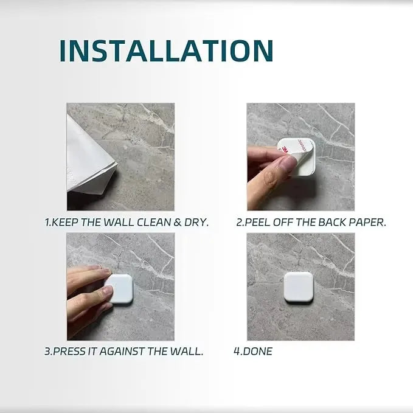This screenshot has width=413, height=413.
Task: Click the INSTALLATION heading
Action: (167, 51)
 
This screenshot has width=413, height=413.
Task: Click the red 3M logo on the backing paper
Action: (285, 150)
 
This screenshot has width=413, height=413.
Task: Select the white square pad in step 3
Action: (119, 289)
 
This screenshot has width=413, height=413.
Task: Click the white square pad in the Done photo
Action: (299, 287)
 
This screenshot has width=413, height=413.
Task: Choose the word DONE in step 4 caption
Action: (257, 352)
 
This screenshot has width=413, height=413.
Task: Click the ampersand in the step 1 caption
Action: (178, 223)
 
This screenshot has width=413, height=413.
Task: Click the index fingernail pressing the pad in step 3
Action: (108, 291)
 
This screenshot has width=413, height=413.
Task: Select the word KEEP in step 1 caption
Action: (64, 223)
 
